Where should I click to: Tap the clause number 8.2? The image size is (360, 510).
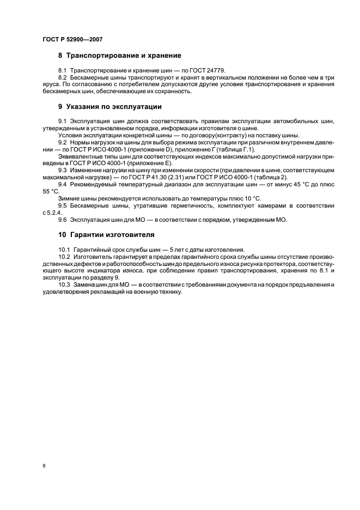coord(63,78)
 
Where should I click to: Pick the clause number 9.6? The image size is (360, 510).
coord(63,220)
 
